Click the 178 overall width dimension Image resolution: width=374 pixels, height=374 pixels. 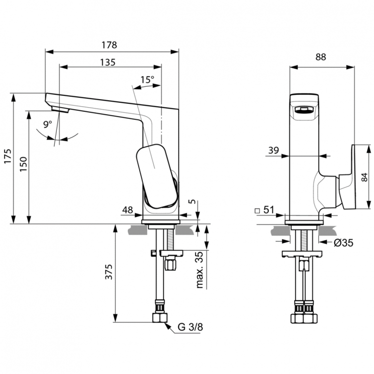[110, 44]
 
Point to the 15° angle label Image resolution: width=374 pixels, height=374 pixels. [147, 79]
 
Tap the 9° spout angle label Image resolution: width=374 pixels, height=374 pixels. [48, 124]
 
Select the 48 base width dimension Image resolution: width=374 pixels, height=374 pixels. [127, 210]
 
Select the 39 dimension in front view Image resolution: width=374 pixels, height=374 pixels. [273, 150]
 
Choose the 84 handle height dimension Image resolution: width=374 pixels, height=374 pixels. [365, 177]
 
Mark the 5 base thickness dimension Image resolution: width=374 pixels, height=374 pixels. [192, 202]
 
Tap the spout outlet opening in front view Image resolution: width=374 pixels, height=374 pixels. [304, 110]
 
